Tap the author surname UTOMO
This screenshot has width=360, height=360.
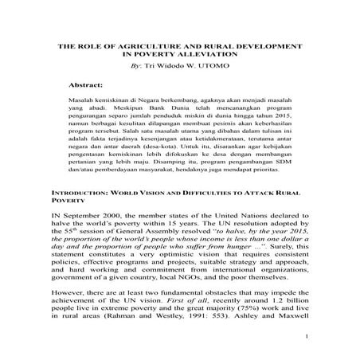click(x=228, y=67)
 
